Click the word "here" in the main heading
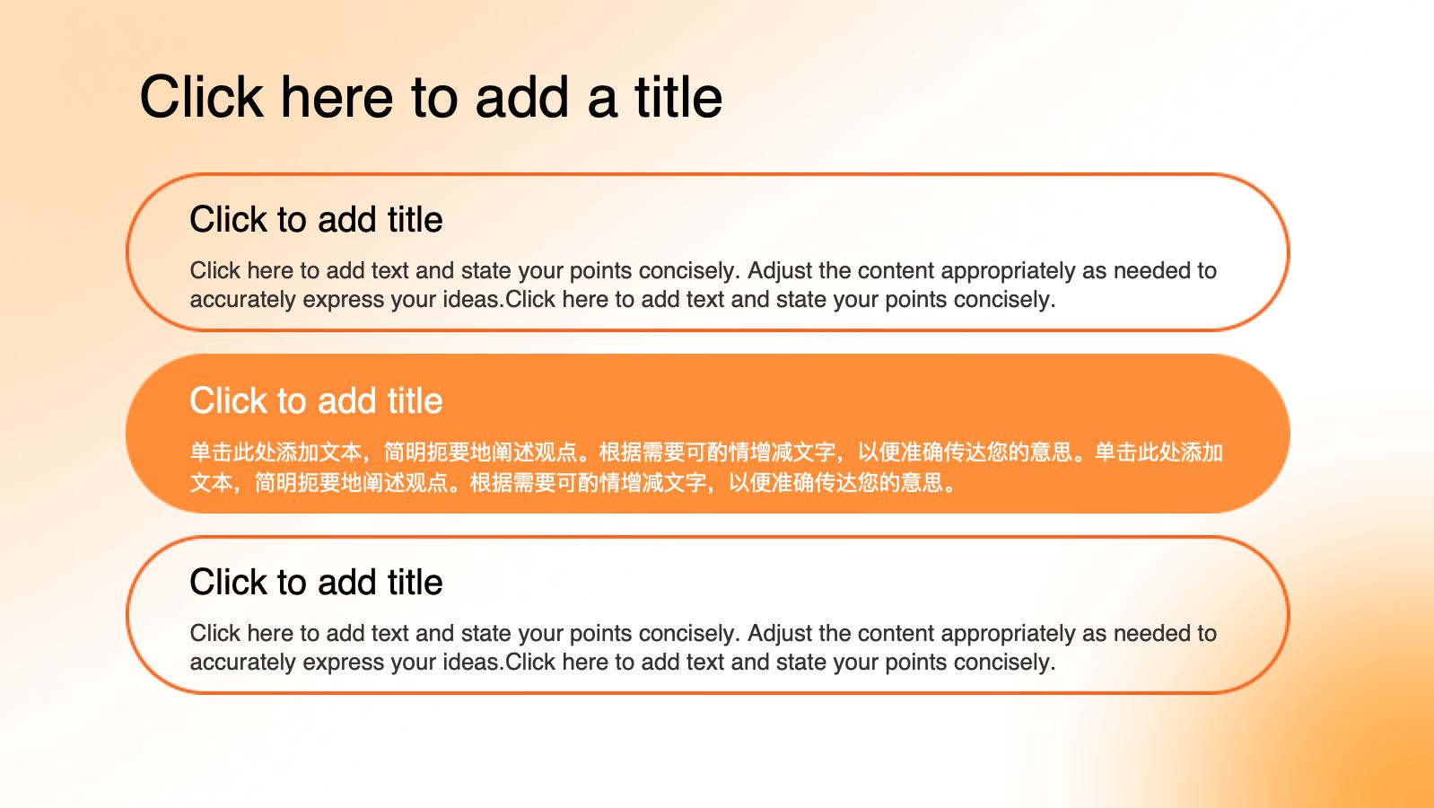[337, 97]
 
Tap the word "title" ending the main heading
[678, 97]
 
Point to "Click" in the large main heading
[201, 97]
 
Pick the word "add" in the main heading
[521, 97]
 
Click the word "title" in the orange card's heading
[415, 400]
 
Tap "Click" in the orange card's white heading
[228, 400]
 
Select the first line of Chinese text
[706, 452]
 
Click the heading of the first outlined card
[316, 220]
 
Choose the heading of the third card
[316, 582]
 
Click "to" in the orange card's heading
[292, 402]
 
